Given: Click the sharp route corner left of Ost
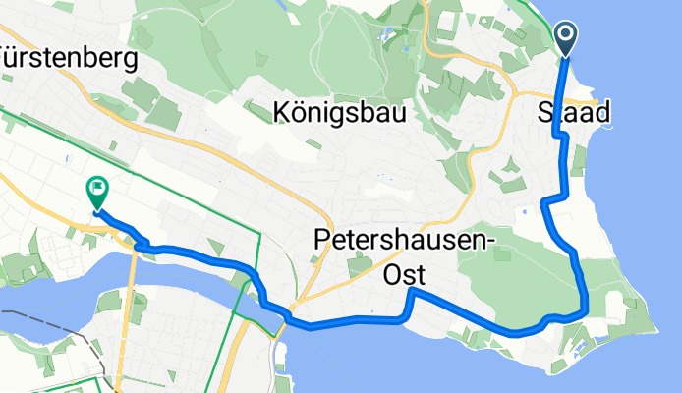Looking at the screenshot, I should (x=414, y=291).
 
